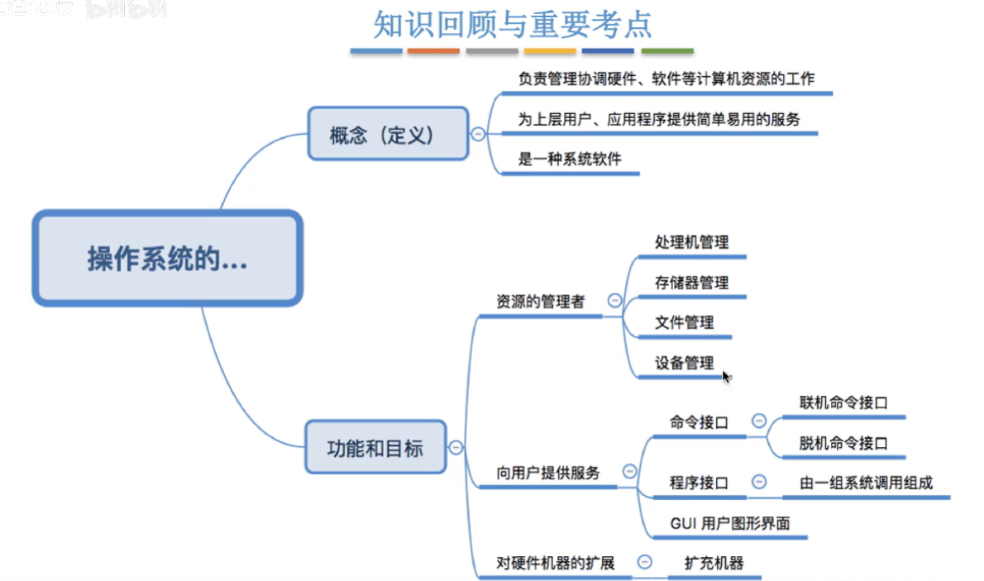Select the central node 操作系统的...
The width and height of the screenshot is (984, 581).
click(168, 258)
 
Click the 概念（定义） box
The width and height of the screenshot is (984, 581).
click(388, 134)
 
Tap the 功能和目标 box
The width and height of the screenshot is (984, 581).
click(375, 447)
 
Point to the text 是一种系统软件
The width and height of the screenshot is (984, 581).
click(569, 160)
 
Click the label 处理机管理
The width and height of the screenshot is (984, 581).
click(691, 243)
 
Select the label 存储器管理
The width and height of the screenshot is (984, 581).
click(691, 283)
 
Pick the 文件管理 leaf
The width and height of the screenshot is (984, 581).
click(684, 321)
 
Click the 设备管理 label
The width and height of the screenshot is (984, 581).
click(684, 363)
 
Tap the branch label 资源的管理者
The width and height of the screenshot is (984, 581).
click(540, 302)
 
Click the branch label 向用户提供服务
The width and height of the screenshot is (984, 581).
click(547, 474)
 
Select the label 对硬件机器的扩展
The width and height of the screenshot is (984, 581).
click(555, 563)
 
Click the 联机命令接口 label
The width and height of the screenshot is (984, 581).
click(843, 403)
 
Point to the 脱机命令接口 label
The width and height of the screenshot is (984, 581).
click(843, 443)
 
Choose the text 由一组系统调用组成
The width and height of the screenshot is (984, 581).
click(866, 483)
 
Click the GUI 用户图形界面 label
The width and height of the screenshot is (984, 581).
click(729, 523)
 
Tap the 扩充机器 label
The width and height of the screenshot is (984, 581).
click(714, 563)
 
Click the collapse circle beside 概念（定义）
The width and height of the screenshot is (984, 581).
click(478, 134)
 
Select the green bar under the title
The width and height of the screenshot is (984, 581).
click(667, 51)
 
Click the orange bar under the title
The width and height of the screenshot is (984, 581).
click(433, 51)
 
